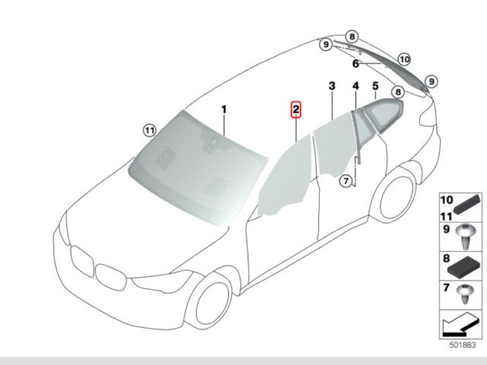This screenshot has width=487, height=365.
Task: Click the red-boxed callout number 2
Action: coord(296,109)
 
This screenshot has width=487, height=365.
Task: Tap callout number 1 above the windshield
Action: coord(224,109)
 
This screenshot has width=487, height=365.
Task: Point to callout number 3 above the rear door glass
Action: coord(332,87)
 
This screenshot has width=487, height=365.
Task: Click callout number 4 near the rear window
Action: coord(355,87)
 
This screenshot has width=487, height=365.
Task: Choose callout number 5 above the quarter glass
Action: coord(375,87)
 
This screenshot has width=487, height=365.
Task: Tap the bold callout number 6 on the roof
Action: coord(355,65)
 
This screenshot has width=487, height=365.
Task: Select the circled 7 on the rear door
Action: coord(346,181)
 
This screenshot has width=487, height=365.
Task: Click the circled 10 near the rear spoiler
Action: coord(403,58)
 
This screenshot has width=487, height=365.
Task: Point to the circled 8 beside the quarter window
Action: coord(396,92)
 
